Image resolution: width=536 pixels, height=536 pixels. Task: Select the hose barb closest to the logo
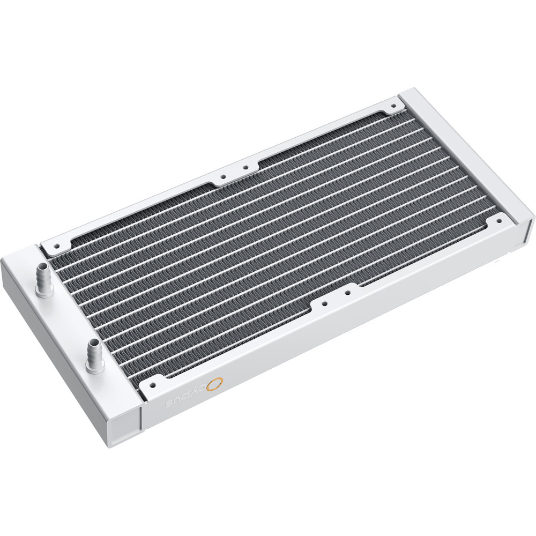tap(95, 354)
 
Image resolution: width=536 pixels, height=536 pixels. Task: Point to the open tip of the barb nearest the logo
tap(95, 342)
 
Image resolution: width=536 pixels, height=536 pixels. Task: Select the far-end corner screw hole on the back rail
tap(394, 108)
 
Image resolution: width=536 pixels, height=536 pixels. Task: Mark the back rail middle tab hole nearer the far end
tap(245, 167)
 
